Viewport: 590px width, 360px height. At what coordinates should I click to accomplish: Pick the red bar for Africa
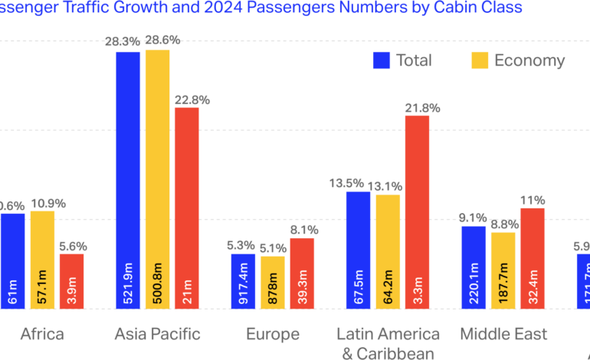pos(71,280)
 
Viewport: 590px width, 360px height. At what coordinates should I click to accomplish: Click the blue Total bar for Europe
pos(244,280)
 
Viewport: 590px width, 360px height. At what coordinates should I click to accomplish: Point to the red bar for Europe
pos(302,273)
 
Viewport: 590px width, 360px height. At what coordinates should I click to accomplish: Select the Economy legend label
pos(529,61)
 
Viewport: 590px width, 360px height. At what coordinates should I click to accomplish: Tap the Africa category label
pos(41,334)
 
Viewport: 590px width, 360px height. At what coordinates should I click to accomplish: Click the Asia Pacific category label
pos(157,334)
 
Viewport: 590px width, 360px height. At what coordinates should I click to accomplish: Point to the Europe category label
pos(273,334)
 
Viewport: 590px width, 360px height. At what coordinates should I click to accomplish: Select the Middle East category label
pos(503,334)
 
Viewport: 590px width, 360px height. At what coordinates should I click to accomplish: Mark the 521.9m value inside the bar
pos(128,288)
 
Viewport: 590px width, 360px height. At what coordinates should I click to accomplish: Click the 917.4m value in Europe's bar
pos(244,288)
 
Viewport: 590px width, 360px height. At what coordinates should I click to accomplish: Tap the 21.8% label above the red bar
pos(422,108)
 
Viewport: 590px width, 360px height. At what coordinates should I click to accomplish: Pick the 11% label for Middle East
pos(533,201)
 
